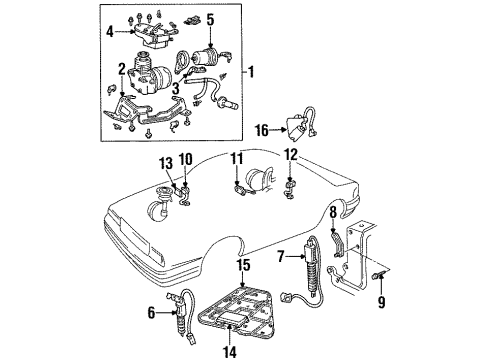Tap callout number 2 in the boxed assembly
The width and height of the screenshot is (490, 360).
[122, 68]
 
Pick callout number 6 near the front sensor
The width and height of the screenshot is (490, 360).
[151, 313]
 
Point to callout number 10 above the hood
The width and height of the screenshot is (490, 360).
[186, 158]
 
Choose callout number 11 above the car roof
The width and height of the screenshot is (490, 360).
[237, 158]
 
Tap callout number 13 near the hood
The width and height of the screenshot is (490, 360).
[167, 164]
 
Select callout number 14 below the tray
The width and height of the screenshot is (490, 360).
[232, 350]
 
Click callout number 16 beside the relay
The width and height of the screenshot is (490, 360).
[261, 128]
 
